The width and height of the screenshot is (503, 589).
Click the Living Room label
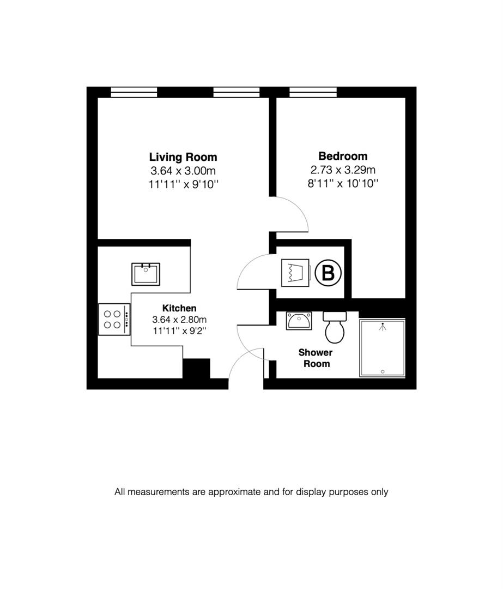click(183, 157)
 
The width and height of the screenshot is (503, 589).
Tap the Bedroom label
click(343, 156)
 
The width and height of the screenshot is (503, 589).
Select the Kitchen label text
click(179, 308)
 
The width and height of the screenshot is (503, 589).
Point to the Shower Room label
click(315, 358)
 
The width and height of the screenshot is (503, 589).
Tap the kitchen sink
click(146, 273)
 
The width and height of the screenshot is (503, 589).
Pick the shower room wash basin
click(299, 321)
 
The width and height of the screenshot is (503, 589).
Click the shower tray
click(383, 348)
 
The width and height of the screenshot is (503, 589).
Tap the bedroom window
click(313, 92)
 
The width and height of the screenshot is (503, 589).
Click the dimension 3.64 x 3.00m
click(183, 171)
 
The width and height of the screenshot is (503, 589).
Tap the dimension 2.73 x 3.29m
click(343, 170)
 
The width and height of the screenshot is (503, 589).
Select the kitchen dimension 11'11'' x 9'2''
click(179, 331)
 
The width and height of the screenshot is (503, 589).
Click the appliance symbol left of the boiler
click(295, 272)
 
